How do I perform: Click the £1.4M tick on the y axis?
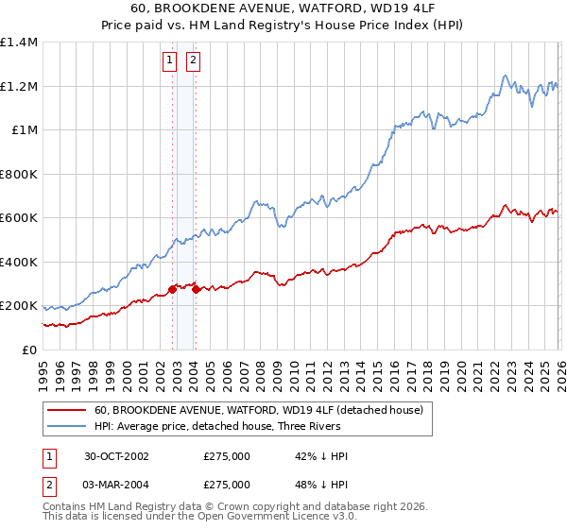18,43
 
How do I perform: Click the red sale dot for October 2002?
173,290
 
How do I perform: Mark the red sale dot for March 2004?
196,290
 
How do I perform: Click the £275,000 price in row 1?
227,456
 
